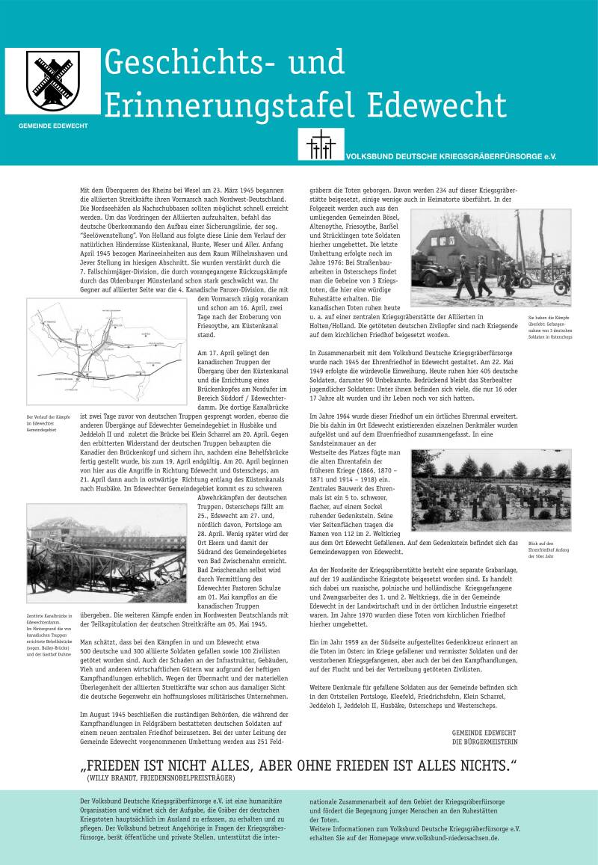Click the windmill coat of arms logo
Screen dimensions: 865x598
pos(53,81)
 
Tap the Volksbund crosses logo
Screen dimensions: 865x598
pos(320,144)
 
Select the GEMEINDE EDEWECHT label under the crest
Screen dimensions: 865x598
pos(53,125)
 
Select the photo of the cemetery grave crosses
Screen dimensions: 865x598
pos(490,490)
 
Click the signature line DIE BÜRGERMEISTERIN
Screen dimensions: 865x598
pos(484,742)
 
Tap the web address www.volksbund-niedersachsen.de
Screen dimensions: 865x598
pos(450,839)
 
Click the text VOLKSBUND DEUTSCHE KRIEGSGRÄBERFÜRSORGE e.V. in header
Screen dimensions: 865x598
pos(451,157)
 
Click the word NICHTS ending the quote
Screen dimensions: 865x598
pos(471,766)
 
